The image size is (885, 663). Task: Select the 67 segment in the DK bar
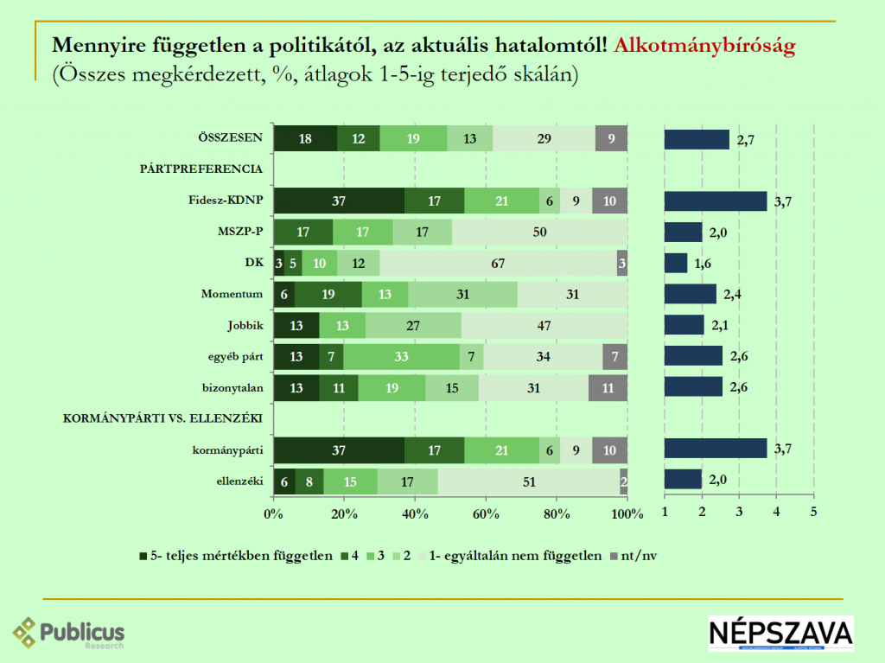pyautogui.click(x=498, y=264)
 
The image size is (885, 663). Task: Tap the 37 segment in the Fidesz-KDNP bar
pyautogui.click(x=339, y=201)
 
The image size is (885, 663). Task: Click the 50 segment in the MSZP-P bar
pyautogui.click(x=539, y=233)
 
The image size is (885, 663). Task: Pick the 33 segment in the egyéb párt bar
pyautogui.click(x=401, y=357)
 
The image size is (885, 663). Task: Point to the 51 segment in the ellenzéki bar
pyautogui.click(x=528, y=481)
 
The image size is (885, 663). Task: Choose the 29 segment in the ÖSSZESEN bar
pyautogui.click(x=544, y=139)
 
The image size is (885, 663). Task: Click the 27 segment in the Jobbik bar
pyautogui.click(x=413, y=326)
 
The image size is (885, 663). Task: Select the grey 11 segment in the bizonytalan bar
pyautogui.click(x=608, y=388)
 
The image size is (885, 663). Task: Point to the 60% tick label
pyautogui.click(x=486, y=514)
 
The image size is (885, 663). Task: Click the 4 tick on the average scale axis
pyautogui.click(x=776, y=513)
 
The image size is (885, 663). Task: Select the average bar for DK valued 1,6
pyautogui.click(x=676, y=264)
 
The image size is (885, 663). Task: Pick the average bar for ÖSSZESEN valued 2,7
pyautogui.click(x=697, y=139)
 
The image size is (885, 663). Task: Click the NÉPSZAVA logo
pyautogui.click(x=780, y=634)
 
